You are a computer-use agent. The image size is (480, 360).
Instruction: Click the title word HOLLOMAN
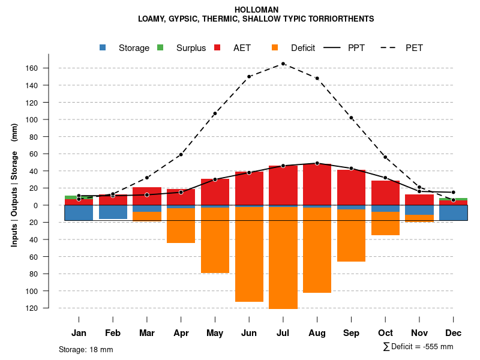point(256,10)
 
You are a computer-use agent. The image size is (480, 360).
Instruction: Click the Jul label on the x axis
point(283,333)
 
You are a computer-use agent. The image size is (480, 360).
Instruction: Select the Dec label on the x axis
point(454,333)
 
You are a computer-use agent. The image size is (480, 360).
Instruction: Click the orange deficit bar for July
point(283,258)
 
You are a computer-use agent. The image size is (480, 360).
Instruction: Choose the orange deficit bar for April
point(181,226)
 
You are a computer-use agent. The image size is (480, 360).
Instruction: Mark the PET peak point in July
point(283,64)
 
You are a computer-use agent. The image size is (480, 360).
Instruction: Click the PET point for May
point(215,113)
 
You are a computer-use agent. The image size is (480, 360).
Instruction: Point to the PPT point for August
point(317,163)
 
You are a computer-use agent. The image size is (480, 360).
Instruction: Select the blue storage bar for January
point(79,212)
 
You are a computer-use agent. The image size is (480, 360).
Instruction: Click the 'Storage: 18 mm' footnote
point(86,349)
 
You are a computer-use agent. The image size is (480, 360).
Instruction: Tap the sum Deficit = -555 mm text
point(418,347)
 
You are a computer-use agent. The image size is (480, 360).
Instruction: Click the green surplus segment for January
point(79,197)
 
